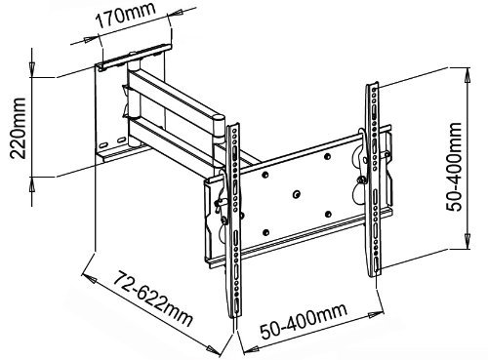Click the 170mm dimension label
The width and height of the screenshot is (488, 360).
click(125, 16)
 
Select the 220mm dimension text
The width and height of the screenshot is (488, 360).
click(18, 128)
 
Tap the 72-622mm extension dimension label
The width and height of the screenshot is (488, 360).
click(153, 298)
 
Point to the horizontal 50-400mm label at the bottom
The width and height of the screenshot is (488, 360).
click(304, 320)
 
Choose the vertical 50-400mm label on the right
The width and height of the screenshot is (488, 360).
click(454, 167)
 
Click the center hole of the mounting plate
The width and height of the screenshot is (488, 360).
click(297, 194)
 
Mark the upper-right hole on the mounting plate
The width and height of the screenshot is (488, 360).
click(328, 157)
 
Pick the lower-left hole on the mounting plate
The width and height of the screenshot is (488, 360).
click(265, 233)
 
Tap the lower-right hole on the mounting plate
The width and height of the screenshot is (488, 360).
click(328, 215)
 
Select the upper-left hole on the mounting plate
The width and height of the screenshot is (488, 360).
click(265, 175)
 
